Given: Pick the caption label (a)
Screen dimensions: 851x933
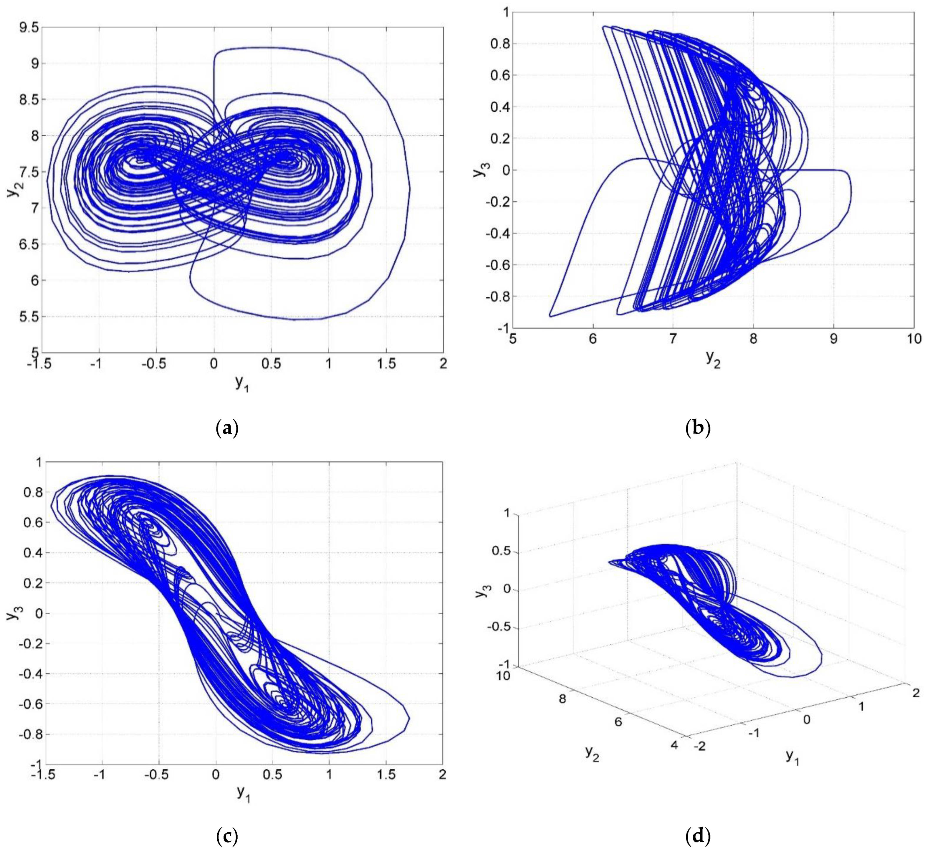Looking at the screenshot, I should click(227, 428).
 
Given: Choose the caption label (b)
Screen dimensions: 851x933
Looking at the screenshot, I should click(697, 428).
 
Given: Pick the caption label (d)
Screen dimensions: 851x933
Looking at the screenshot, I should click(697, 836).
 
